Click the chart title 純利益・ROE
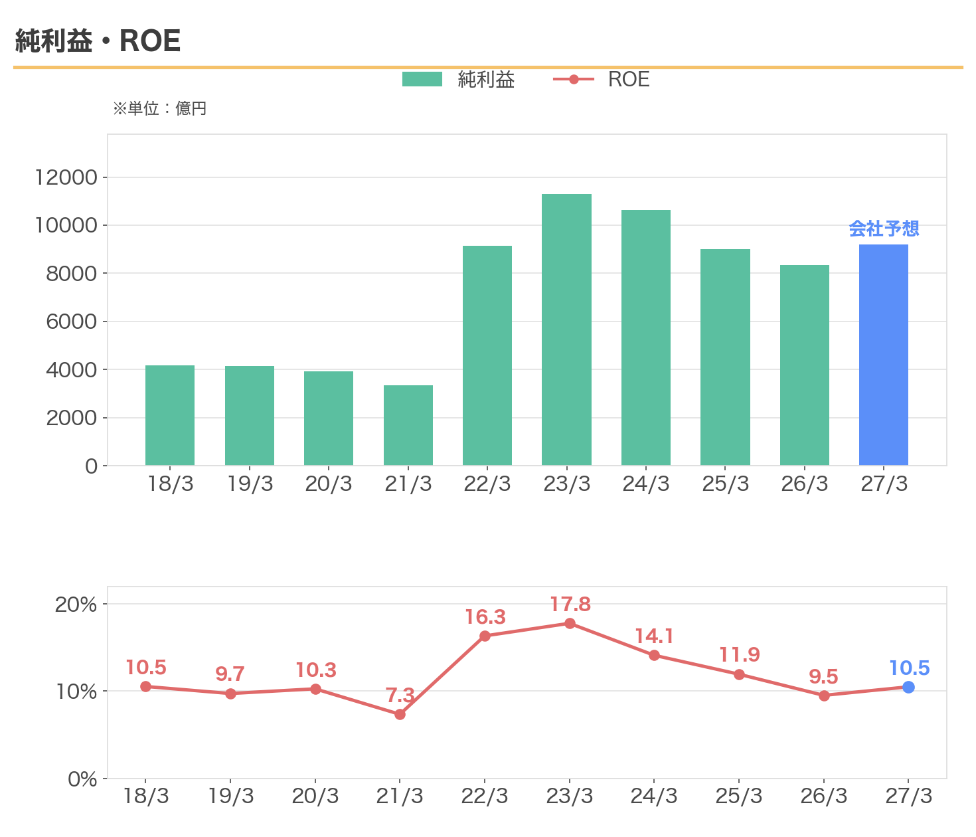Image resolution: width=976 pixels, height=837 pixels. point(98,41)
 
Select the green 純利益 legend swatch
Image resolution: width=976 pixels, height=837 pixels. point(422,79)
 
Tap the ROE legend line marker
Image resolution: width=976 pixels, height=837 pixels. point(573,79)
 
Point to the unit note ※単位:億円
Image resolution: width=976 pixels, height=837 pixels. point(159,109)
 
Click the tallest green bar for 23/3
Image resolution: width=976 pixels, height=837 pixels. point(566,329)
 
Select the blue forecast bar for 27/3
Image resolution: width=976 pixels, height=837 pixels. point(883,355)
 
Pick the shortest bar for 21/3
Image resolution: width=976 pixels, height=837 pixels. point(408,425)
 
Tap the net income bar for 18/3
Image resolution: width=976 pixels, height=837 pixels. point(170,415)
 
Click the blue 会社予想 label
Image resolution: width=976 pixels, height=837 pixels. point(884,229)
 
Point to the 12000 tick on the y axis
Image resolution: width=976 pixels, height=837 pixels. point(66,177)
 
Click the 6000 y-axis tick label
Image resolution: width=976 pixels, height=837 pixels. point(71,322)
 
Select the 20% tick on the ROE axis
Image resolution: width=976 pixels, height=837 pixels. point(76,604)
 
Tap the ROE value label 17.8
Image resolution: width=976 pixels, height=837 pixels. point(570,604)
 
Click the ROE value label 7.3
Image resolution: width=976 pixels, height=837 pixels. point(400,695)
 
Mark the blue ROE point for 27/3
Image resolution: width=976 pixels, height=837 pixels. point(908,688)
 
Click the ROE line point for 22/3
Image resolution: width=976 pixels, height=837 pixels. point(485,636)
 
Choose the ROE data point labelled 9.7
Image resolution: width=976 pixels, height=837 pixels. point(230,694)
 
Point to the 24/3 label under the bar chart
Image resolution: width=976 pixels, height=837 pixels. point(645,484)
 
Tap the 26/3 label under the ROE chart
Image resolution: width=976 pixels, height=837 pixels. point(823,796)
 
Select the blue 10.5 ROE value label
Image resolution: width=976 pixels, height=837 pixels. point(909,668)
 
